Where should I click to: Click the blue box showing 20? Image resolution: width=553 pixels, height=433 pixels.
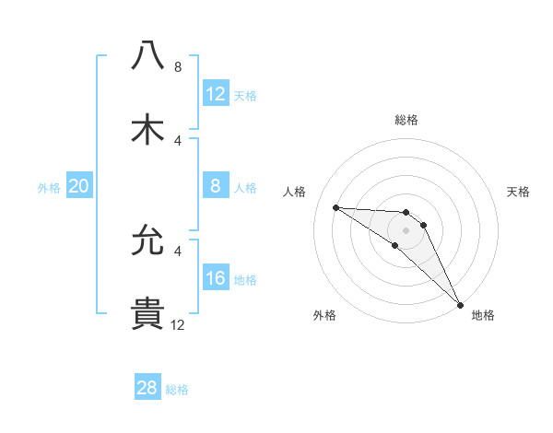tap(78, 187)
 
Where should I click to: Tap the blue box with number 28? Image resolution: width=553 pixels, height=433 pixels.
tap(147, 388)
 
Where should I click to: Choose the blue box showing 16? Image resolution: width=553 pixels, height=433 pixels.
tap(216, 278)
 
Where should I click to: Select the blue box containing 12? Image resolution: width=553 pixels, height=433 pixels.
tap(216, 93)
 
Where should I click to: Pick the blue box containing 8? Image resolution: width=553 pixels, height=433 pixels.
tap(216, 187)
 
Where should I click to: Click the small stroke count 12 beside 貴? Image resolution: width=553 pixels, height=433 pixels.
tap(177, 324)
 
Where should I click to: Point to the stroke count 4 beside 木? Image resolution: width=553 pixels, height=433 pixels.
tap(178, 140)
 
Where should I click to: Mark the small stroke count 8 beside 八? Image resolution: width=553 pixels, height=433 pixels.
tap(178, 66)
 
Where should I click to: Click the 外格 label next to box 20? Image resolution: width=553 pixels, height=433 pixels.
tap(49, 188)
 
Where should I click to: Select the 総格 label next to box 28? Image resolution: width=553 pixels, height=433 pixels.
tap(177, 390)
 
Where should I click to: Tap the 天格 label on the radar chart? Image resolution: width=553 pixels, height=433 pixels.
tap(518, 192)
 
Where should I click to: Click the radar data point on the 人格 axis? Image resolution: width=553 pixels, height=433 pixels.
tap(335, 207)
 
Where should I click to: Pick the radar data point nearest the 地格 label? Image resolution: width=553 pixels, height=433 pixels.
tap(460, 304)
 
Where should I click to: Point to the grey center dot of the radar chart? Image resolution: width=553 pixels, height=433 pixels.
tap(406, 229)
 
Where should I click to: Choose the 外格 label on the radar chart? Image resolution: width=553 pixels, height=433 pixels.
tap(324, 315)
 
